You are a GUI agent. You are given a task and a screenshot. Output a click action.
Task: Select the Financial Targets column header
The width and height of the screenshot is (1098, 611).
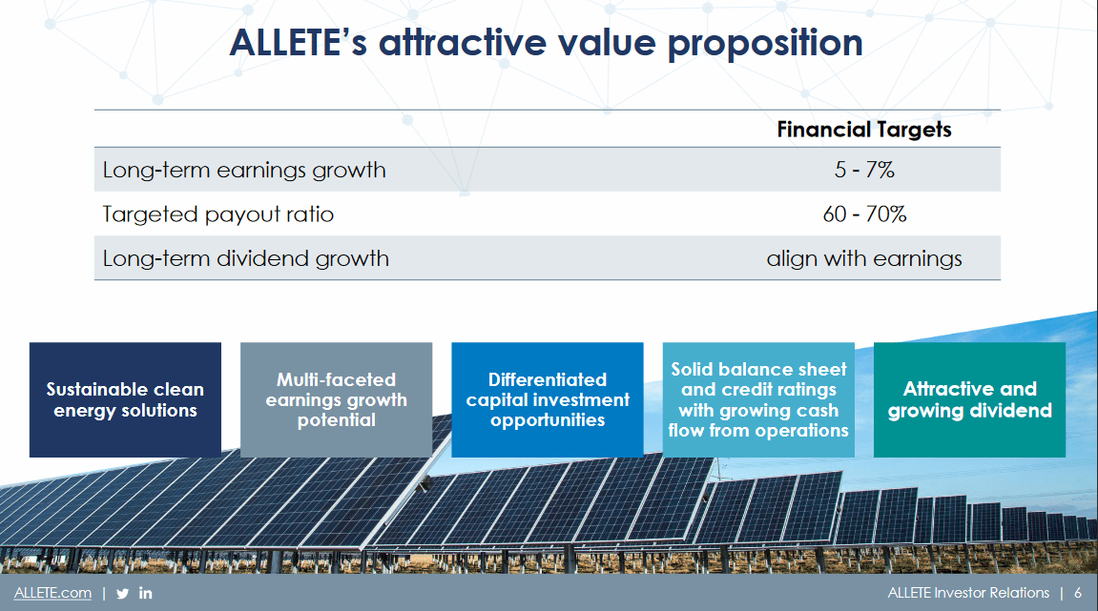tap(863, 130)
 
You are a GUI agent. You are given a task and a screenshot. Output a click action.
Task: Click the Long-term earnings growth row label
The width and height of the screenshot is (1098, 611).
tap(244, 171)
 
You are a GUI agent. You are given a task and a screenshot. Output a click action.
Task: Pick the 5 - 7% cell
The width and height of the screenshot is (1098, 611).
tap(863, 171)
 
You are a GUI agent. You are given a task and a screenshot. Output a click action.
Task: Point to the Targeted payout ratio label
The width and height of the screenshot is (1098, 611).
tap(218, 214)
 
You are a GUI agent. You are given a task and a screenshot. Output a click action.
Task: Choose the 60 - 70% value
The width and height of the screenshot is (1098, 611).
tap(863, 214)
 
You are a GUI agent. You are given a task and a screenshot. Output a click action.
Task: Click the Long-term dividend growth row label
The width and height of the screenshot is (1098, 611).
tap(246, 258)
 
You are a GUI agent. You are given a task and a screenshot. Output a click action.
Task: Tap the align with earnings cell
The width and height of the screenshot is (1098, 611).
tap(863, 258)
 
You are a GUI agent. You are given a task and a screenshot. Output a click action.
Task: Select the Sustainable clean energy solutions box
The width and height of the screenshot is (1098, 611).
tap(125, 399)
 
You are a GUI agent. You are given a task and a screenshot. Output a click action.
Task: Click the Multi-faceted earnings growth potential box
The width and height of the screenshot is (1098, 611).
tap(336, 399)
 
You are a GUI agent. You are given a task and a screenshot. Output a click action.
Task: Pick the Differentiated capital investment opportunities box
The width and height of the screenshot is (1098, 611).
tap(548, 399)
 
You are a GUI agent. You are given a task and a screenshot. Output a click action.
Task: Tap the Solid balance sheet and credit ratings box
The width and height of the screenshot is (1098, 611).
tap(758, 399)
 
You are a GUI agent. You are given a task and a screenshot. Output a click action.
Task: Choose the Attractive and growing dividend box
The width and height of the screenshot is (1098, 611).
tap(969, 399)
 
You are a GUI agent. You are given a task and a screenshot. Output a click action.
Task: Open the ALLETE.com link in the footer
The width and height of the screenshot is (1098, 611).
tap(52, 593)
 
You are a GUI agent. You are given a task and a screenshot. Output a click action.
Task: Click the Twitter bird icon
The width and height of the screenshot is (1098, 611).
tap(122, 593)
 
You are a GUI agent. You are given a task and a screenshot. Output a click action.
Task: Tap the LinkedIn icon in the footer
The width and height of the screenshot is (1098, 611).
tap(146, 593)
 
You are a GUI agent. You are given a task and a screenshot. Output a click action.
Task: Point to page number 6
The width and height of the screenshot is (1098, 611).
tap(1078, 593)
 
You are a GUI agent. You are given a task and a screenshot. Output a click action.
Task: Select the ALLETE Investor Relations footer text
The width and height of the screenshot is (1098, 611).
tap(967, 593)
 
